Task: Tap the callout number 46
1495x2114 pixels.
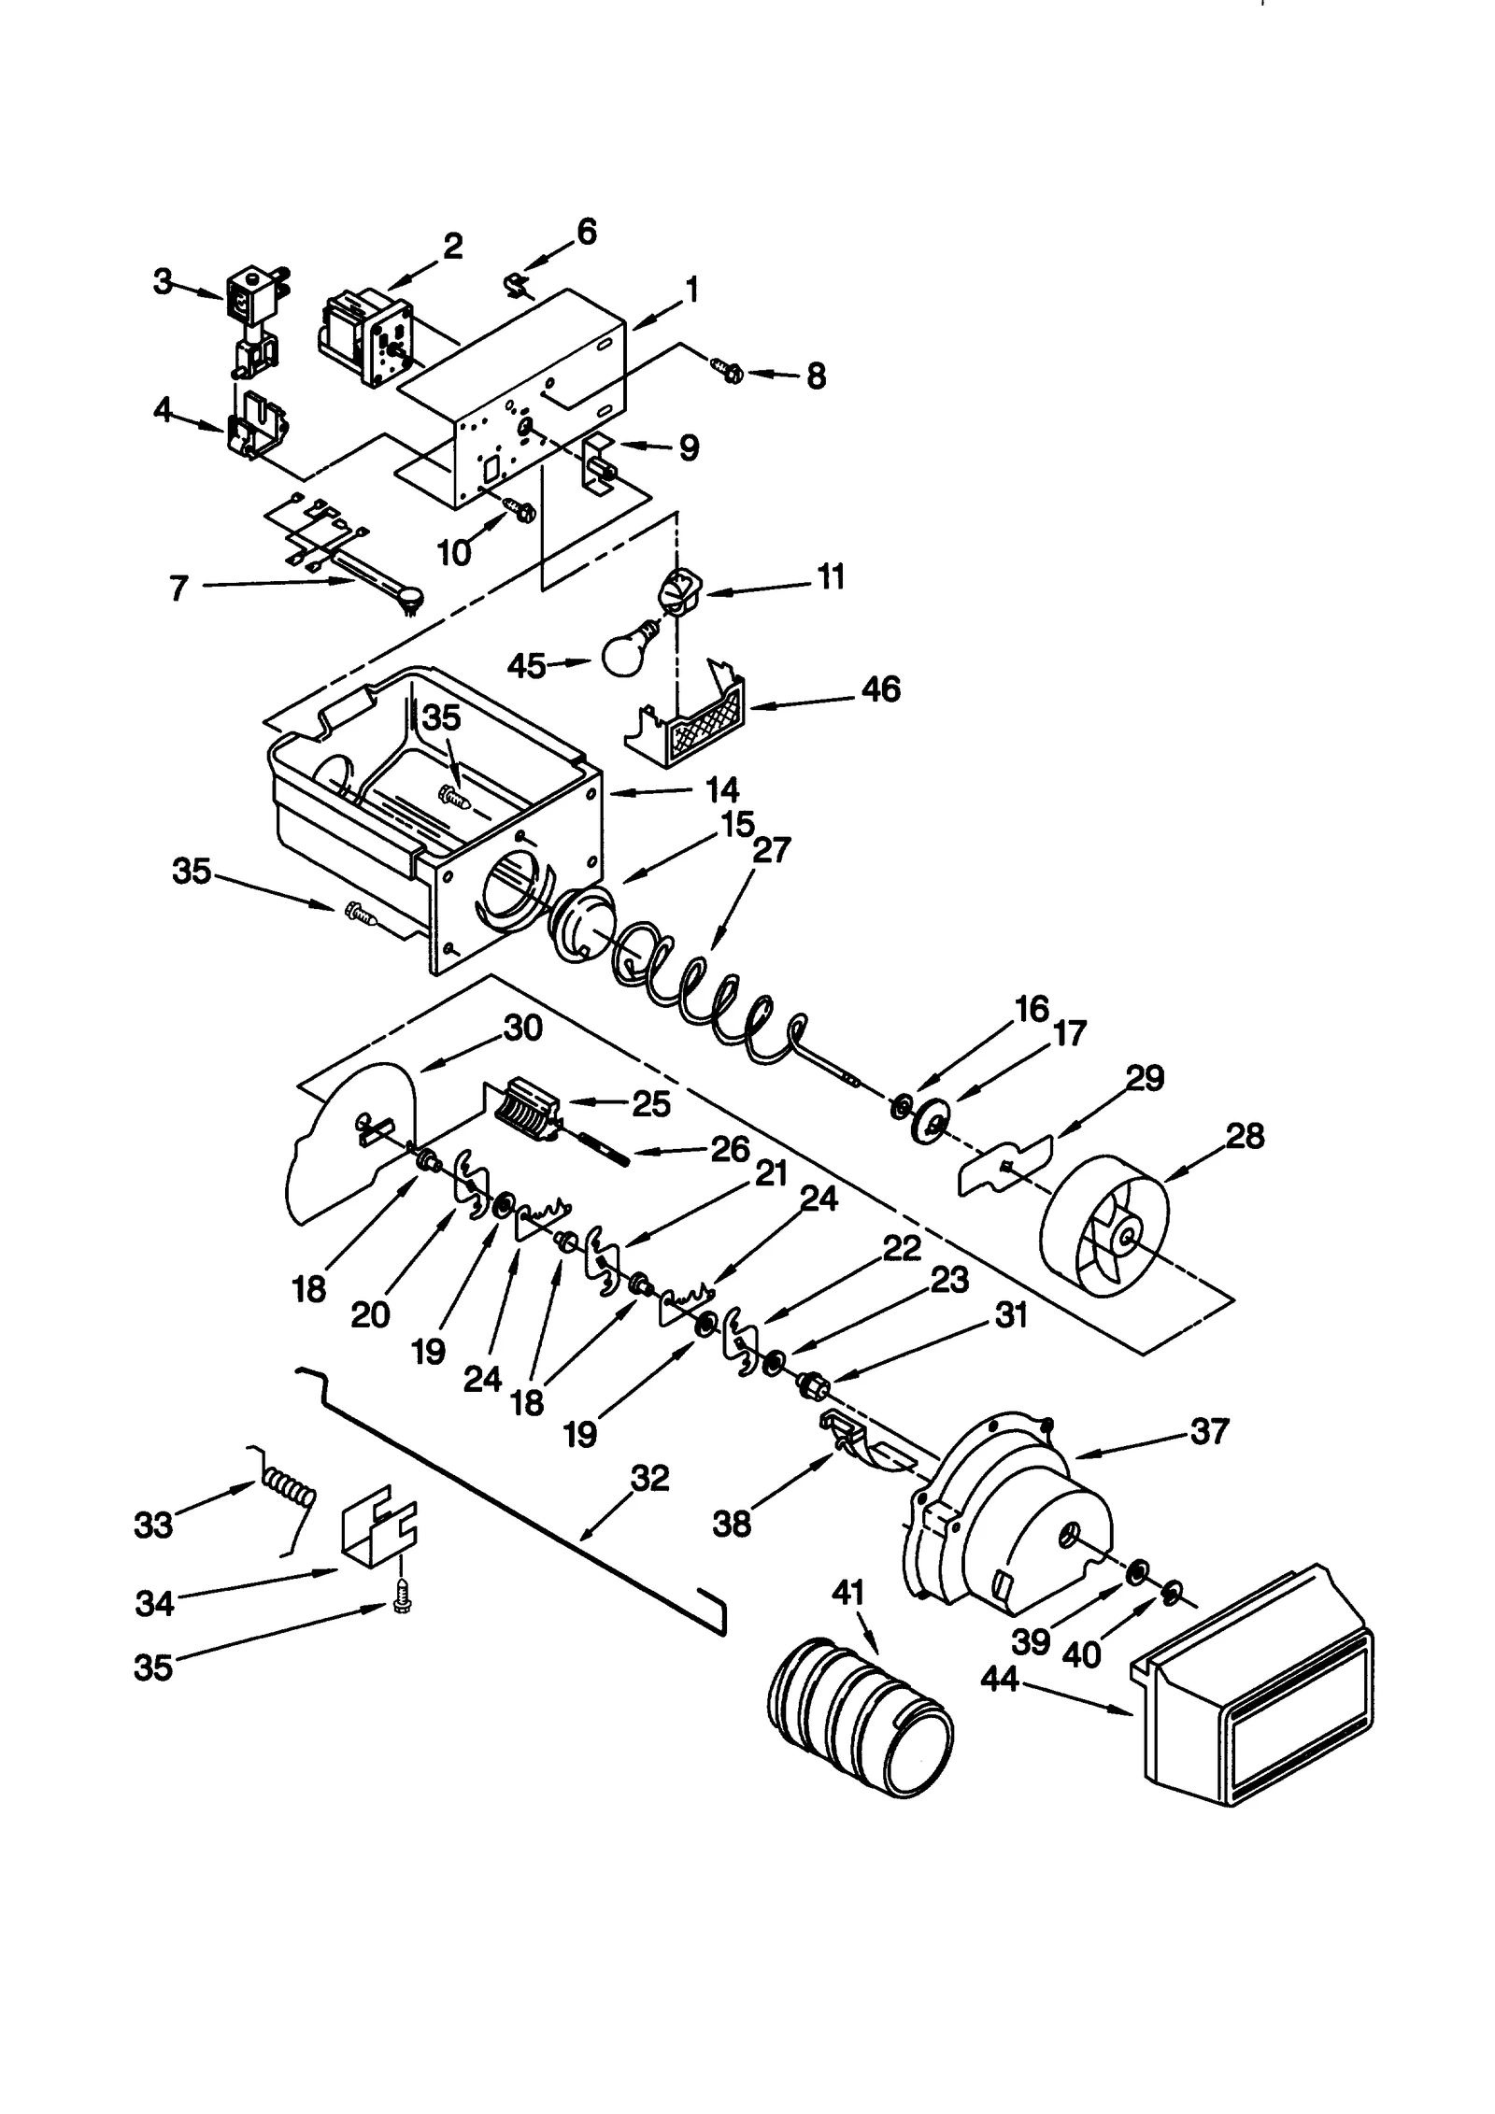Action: tap(881, 688)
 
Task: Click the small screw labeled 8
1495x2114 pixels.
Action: tap(729, 372)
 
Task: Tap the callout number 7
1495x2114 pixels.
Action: tap(179, 589)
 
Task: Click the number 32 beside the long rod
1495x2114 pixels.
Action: tap(650, 1478)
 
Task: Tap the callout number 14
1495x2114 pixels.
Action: tap(721, 789)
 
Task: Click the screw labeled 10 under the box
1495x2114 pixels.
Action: tap(520, 508)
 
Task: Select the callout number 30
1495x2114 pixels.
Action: tap(523, 1028)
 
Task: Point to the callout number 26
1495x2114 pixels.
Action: tap(730, 1149)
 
